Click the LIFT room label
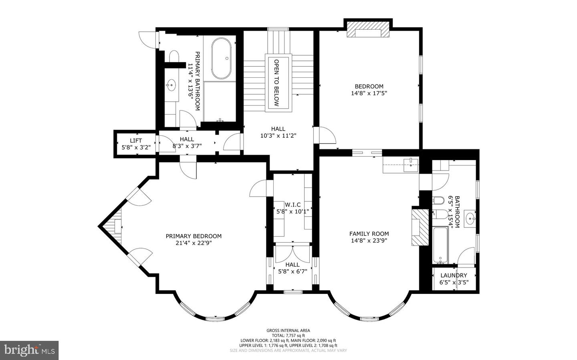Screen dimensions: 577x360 click(136, 141)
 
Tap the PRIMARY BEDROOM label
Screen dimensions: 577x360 click(194, 236)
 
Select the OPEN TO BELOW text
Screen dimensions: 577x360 click(276, 83)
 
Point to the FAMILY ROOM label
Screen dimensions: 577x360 click(369, 234)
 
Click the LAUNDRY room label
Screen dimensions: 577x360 click(454, 275)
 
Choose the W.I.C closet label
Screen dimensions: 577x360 click(293, 205)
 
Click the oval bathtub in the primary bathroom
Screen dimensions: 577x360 click(221, 58)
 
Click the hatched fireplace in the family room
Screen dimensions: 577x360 click(420, 227)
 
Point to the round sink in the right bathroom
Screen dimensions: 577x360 click(470, 219)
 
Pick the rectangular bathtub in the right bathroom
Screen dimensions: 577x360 click(440, 245)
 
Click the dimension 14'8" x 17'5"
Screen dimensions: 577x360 click(369, 93)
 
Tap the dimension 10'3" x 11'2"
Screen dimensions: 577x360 click(278, 135)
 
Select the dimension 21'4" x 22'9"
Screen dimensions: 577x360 click(194, 243)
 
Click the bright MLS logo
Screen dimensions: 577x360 click(29, 350)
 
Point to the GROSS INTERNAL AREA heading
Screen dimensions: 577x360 click(288, 330)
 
